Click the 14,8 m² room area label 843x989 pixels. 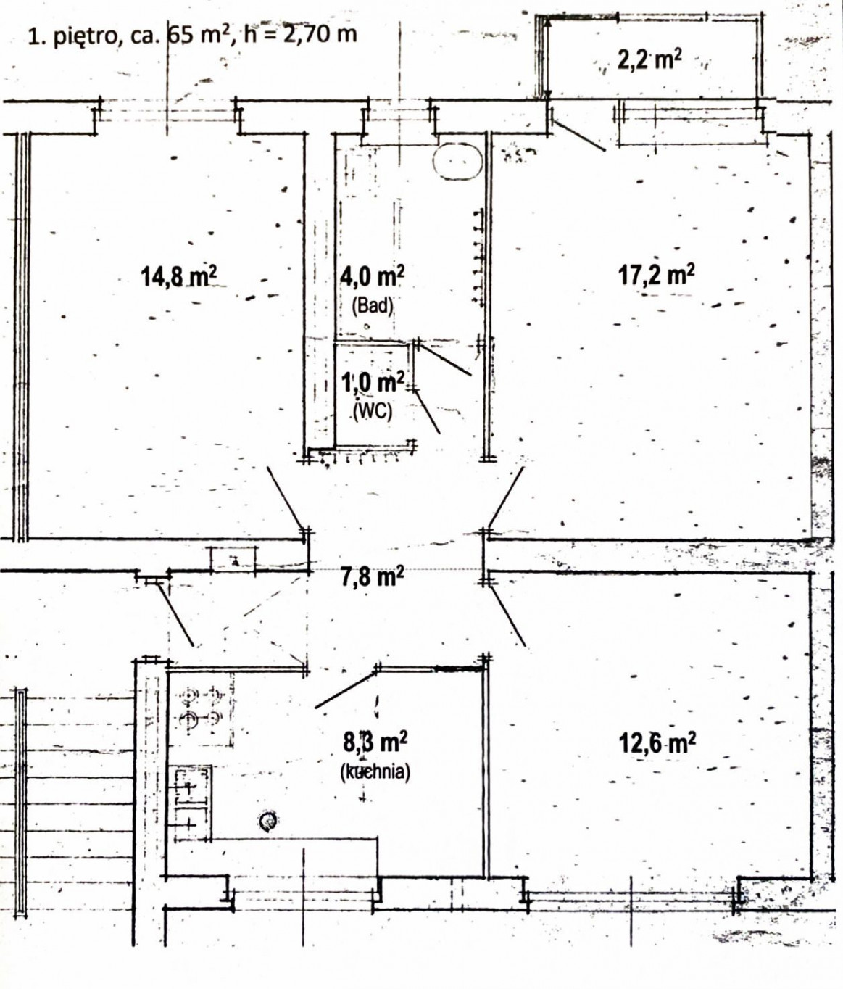tap(178, 276)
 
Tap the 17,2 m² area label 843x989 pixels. tap(657, 275)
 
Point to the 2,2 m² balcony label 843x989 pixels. tap(649, 59)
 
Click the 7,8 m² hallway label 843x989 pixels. tap(373, 576)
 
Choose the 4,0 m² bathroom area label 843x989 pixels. tap(373, 276)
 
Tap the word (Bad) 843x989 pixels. tap(373, 305)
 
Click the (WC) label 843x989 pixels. tap(373, 410)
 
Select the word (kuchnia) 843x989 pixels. tap(375, 771)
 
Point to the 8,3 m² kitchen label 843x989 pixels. tap(375, 742)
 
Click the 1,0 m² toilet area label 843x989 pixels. tap(373, 382)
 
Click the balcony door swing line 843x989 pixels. tap(579, 136)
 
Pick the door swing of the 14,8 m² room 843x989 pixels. tap(285, 498)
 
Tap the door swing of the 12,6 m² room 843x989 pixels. tap(507, 617)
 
